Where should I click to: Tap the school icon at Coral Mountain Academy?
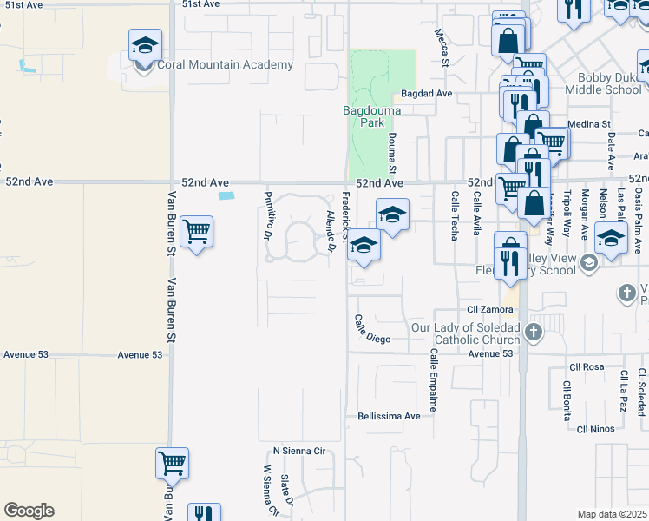pyautogui.click(x=145, y=46)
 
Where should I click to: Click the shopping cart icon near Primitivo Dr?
pyautogui.click(x=197, y=232)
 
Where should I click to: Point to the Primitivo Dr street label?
pyautogui.click(x=268, y=216)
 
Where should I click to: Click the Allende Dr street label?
pyautogui.click(x=330, y=231)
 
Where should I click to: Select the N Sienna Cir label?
pyautogui.click(x=298, y=452)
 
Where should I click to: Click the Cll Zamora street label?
pyautogui.click(x=486, y=310)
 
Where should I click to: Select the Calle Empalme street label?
pyautogui.click(x=433, y=379)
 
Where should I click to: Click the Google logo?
pyautogui.click(x=29, y=511)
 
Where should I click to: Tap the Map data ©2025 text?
pyautogui.click(x=613, y=514)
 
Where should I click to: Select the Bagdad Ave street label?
pyautogui.click(x=426, y=94)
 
